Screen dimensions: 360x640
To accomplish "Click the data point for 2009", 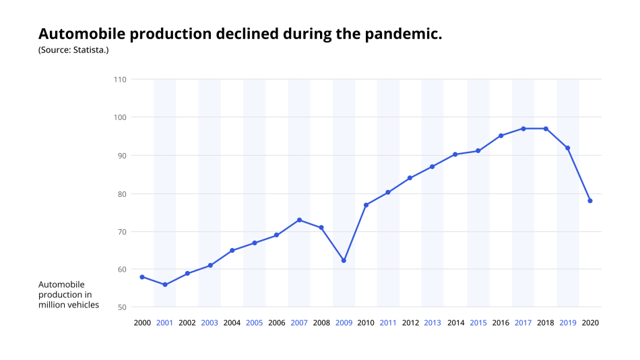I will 344,260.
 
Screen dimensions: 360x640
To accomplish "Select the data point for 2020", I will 590,201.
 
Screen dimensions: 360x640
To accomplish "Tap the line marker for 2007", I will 299,220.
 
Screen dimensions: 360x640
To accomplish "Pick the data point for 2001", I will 164,284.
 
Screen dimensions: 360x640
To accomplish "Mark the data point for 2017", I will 523,129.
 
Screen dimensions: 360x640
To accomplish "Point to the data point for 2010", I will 366,205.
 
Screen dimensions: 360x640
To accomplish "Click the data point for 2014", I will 455,154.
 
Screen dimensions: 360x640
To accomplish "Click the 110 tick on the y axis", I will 120,80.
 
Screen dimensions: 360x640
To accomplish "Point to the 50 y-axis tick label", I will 122,307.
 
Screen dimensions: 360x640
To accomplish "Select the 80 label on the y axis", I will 122,193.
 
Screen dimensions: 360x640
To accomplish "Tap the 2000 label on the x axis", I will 142,323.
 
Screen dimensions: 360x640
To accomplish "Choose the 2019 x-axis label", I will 567,323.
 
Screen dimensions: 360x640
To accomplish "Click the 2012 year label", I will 410,323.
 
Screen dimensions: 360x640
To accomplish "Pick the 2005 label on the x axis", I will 254,323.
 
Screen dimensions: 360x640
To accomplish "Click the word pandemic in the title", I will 403,34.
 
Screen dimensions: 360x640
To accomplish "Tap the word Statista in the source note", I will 87,50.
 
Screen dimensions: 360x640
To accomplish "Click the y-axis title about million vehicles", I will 69,295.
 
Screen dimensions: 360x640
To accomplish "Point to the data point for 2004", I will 232,250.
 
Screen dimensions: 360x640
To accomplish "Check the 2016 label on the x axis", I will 500,323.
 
